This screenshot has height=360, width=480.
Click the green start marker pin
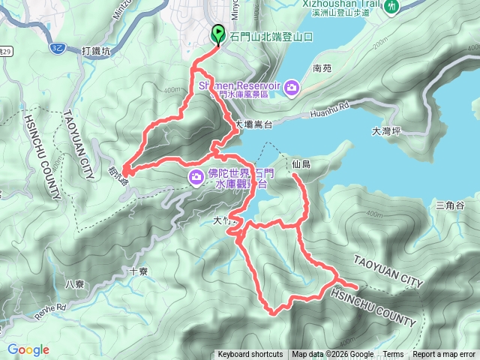tap(218, 34)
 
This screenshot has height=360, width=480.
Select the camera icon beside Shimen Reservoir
tap(291, 88)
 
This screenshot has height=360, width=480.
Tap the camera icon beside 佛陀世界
tap(196, 176)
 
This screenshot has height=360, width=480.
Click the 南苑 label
tap(322, 68)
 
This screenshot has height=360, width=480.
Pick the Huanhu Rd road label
tap(326, 115)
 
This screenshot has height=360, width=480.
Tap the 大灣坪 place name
tap(387, 131)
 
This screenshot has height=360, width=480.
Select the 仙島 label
tap(301, 163)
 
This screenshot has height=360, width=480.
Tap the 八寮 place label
tap(74, 283)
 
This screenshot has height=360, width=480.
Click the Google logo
tap(28, 350)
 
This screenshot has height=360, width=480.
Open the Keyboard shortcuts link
tap(250, 355)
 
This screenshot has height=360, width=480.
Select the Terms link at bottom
tap(393, 355)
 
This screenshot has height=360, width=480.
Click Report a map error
tap(444, 355)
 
